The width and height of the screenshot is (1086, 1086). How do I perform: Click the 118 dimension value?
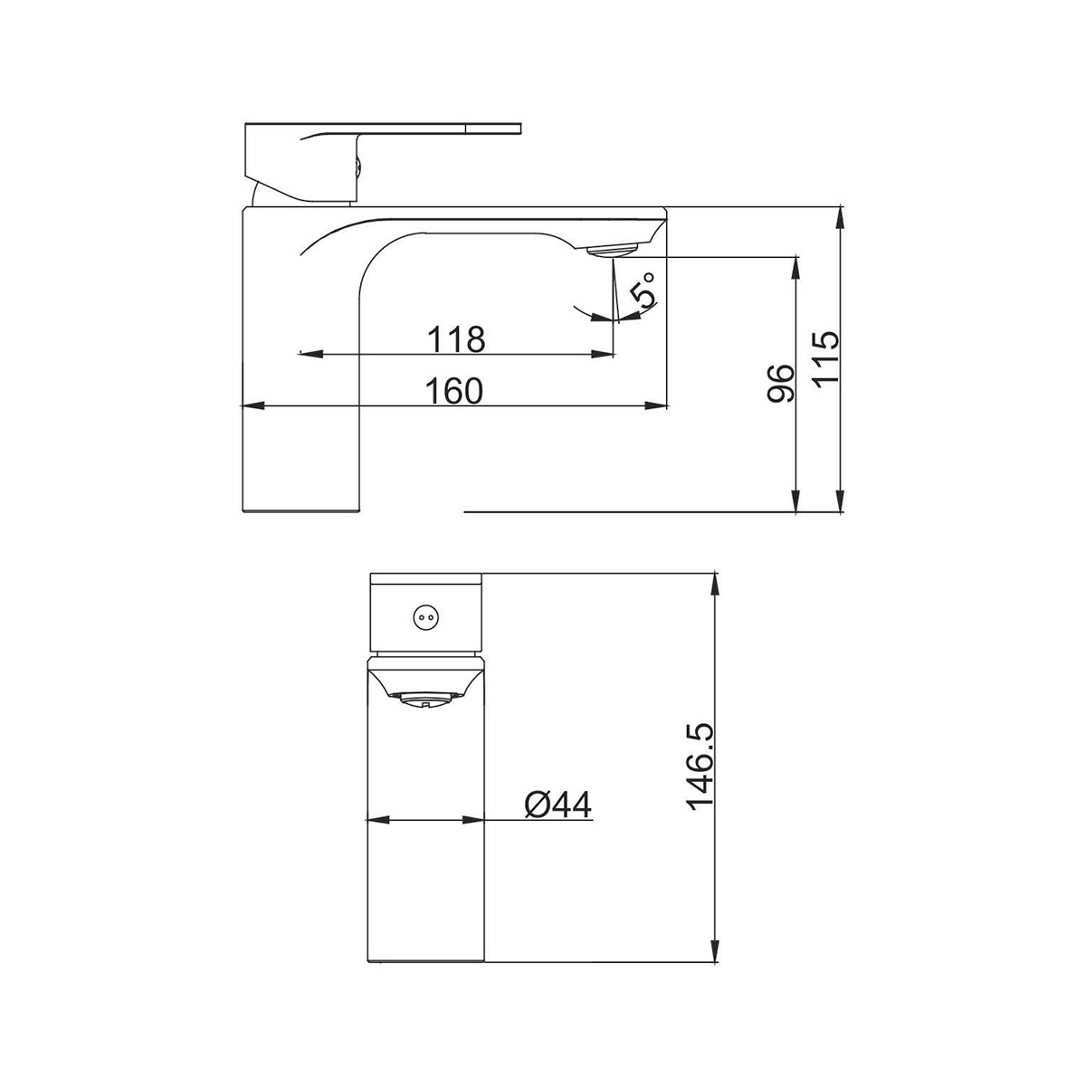[456, 338]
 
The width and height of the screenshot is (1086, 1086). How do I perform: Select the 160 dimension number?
[453, 391]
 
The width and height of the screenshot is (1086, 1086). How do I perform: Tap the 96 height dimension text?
[781, 383]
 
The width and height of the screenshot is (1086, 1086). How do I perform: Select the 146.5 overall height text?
[700, 767]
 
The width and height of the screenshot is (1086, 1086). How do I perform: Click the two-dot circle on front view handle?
[426, 618]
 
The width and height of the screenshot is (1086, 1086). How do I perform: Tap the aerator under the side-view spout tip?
[614, 250]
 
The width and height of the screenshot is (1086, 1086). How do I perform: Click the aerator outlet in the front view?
[426, 700]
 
